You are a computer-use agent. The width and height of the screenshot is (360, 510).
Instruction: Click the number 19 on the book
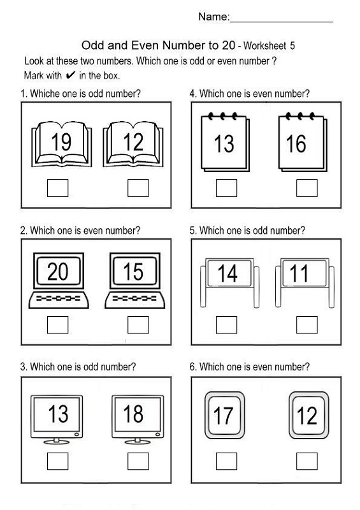[x=61, y=143]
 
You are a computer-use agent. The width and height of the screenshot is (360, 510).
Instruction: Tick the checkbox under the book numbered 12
[x=138, y=188]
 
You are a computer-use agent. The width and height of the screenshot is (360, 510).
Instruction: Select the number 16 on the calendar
[x=296, y=144]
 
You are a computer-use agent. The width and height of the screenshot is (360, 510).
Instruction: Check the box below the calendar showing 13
[x=226, y=188]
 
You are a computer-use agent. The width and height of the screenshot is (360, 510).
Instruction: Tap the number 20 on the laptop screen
[x=57, y=272]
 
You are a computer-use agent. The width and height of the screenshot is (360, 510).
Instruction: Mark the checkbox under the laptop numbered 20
[x=58, y=325]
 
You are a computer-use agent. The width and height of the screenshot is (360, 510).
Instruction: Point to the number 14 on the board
[x=227, y=273]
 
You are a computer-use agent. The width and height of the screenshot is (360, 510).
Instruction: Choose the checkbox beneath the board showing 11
[x=306, y=325]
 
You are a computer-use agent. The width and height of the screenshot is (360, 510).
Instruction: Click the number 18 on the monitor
[x=133, y=414]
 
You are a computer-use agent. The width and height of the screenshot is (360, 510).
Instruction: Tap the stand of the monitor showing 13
[x=58, y=440]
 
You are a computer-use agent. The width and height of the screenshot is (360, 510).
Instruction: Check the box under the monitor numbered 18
[x=138, y=460]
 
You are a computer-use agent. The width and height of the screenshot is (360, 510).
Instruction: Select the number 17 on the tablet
[x=224, y=416]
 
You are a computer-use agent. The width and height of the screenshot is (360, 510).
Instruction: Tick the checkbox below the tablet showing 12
[x=306, y=460]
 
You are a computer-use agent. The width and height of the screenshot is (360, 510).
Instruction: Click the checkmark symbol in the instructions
[x=71, y=75]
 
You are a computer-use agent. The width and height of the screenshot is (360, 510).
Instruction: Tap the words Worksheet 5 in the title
[x=267, y=46]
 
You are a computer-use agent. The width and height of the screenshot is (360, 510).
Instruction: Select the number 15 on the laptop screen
[x=133, y=272]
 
